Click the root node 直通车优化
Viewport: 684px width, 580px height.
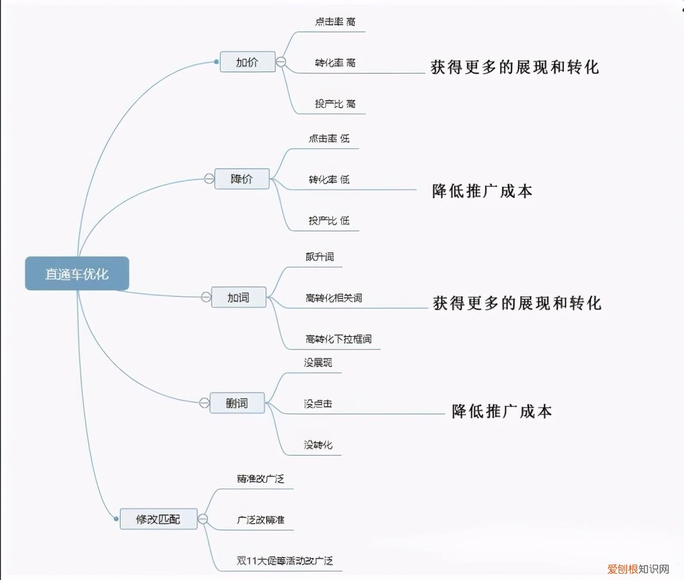pyautogui.click(x=77, y=274)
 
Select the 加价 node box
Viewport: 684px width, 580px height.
pyautogui.click(x=247, y=62)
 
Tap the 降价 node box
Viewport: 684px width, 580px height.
pyautogui.click(x=241, y=178)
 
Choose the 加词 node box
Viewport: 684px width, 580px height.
pyautogui.click(x=239, y=297)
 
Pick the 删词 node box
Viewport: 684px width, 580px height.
pyautogui.click(x=237, y=403)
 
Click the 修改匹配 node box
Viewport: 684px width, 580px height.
pyautogui.click(x=158, y=519)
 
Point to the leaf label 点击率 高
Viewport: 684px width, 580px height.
pyautogui.click(x=335, y=22)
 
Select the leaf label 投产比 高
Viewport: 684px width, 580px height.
pyautogui.click(x=335, y=104)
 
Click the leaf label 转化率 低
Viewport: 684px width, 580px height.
pyautogui.click(x=329, y=180)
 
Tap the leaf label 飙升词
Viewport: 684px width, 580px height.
pyautogui.click(x=320, y=257)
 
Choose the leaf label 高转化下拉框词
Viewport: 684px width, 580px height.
pyautogui.click(x=339, y=339)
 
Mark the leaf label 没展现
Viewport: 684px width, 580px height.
pyautogui.click(x=318, y=362)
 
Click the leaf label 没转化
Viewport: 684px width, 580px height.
pyautogui.click(x=318, y=445)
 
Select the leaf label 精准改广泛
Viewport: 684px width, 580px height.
pyautogui.click(x=260, y=479)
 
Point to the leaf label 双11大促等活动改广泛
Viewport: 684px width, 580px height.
pyautogui.click(x=285, y=560)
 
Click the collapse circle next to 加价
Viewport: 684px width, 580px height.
pyautogui.click(x=281, y=62)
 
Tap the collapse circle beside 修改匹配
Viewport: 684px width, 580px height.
pyautogui.click(x=203, y=519)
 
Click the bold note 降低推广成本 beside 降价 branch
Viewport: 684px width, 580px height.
pyautogui.click(x=482, y=191)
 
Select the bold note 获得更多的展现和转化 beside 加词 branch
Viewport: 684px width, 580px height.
pyautogui.click(x=517, y=303)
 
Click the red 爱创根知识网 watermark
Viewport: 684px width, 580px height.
pyautogui.click(x=638, y=569)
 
